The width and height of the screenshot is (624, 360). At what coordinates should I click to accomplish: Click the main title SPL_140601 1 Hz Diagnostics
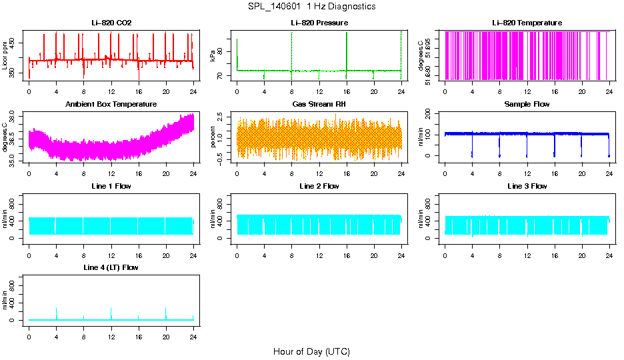tap(311, 7)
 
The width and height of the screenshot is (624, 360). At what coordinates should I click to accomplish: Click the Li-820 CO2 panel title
tap(111, 23)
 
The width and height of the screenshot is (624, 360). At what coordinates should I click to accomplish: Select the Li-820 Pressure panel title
tap(319, 23)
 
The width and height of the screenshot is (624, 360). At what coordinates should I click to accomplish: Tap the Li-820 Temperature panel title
tap(527, 23)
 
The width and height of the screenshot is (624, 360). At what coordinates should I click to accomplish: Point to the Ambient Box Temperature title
tap(111, 105)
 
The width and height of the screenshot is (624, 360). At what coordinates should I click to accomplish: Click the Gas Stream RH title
tap(319, 105)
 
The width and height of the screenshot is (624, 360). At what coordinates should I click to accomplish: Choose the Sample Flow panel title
tap(527, 105)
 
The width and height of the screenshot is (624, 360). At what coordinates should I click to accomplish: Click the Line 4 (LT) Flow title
tap(111, 267)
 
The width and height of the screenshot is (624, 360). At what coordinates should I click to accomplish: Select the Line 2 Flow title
tap(319, 186)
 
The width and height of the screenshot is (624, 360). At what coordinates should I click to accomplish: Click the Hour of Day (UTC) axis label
tap(311, 351)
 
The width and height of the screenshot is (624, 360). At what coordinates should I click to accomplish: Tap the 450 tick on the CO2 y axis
tap(13, 43)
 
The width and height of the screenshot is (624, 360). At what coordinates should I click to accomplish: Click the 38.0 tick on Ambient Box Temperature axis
tap(13, 117)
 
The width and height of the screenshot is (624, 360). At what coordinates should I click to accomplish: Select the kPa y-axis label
tap(213, 57)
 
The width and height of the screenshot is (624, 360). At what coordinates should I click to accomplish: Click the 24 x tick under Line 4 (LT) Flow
tap(193, 338)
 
